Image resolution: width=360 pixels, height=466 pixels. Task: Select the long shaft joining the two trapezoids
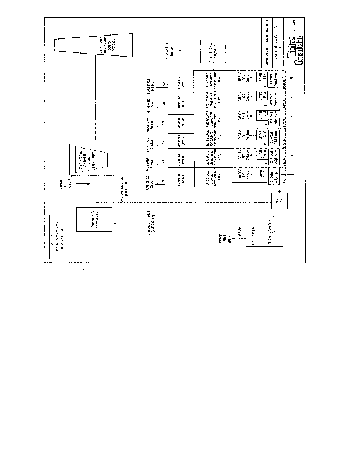coord(91,102)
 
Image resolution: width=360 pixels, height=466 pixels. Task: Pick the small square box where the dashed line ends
coord(278,202)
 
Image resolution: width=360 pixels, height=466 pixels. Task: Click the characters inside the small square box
coord(278,202)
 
